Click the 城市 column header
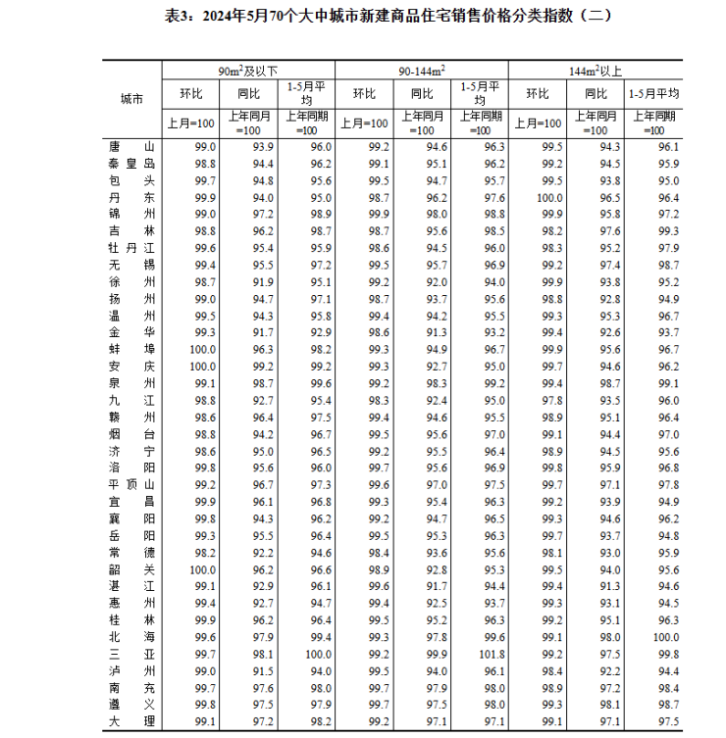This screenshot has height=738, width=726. pyautogui.click(x=131, y=98)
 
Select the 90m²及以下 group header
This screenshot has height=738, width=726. pyautogui.click(x=248, y=71)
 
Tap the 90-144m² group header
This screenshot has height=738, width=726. pyautogui.click(x=422, y=71)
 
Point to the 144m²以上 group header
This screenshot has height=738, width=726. pyautogui.click(x=596, y=71)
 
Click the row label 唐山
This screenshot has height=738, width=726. pyautogui.click(x=131, y=147)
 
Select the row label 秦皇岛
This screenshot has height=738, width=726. pyautogui.click(x=131, y=164)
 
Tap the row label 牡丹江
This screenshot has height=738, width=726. pyautogui.click(x=131, y=248)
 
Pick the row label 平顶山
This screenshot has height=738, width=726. pyautogui.click(x=131, y=485)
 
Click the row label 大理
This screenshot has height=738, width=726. pyautogui.click(x=131, y=721)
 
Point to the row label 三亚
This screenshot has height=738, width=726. pyautogui.click(x=131, y=654)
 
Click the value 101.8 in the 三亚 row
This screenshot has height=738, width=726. pyautogui.click(x=493, y=654)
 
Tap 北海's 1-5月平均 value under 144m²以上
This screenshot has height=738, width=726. pyautogui.click(x=667, y=637)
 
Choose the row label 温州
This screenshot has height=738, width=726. pyautogui.click(x=131, y=316)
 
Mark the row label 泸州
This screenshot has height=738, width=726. pyautogui.click(x=131, y=670)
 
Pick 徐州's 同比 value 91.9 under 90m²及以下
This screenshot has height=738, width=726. pyautogui.click(x=262, y=282)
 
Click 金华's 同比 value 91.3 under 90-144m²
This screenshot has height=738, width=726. pyautogui.click(x=436, y=332)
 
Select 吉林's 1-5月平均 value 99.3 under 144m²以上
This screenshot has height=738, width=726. pyautogui.click(x=667, y=231)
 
